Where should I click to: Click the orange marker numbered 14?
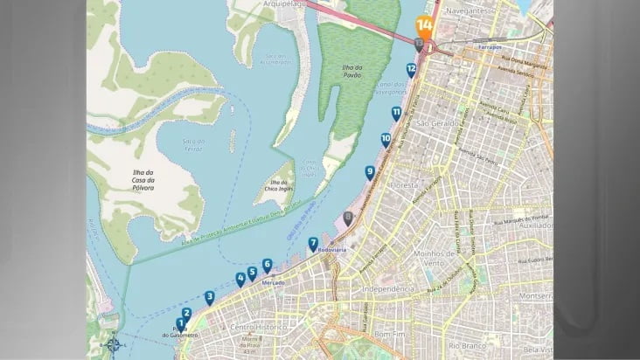click(x=424, y=25)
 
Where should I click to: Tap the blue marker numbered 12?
click(x=411, y=69)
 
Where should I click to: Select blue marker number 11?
click(x=396, y=113)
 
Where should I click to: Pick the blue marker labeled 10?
click(x=386, y=139)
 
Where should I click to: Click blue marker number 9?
click(x=370, y=172)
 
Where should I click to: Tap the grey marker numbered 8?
click(x=349, y=218)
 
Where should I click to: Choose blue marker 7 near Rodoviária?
click(x=313, y=243)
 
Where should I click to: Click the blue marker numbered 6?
click(x=267, y=265)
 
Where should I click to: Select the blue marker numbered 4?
click(x=240, y=280)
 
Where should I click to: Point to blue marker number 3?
click(x=210, y=297)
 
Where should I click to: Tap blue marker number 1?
click(x=181, y=324)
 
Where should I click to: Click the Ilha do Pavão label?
click(x=352, y=72)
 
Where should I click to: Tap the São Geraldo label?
click(x=437, y=124)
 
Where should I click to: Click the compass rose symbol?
click(x=113, y=344)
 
